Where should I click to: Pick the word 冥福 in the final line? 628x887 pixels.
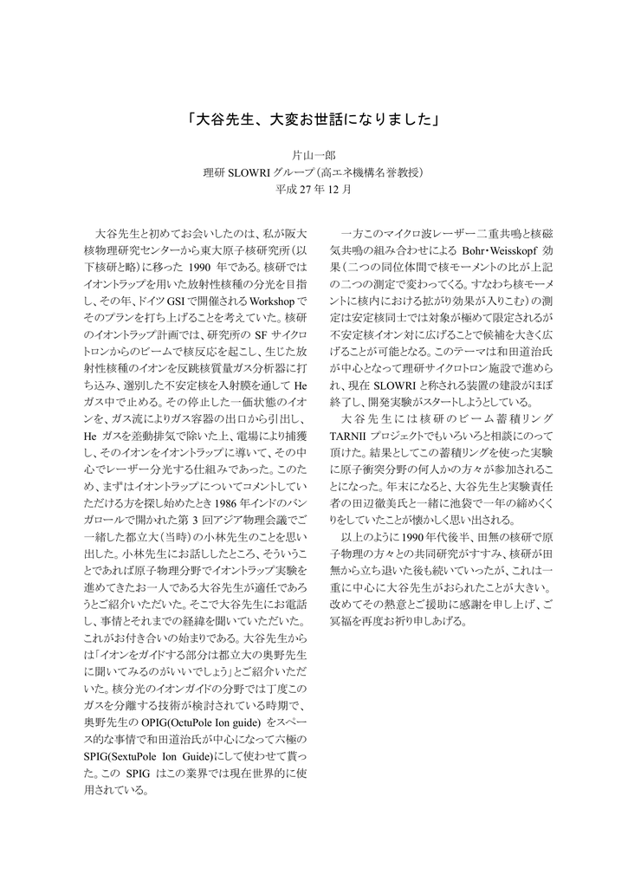coord(341,623)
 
